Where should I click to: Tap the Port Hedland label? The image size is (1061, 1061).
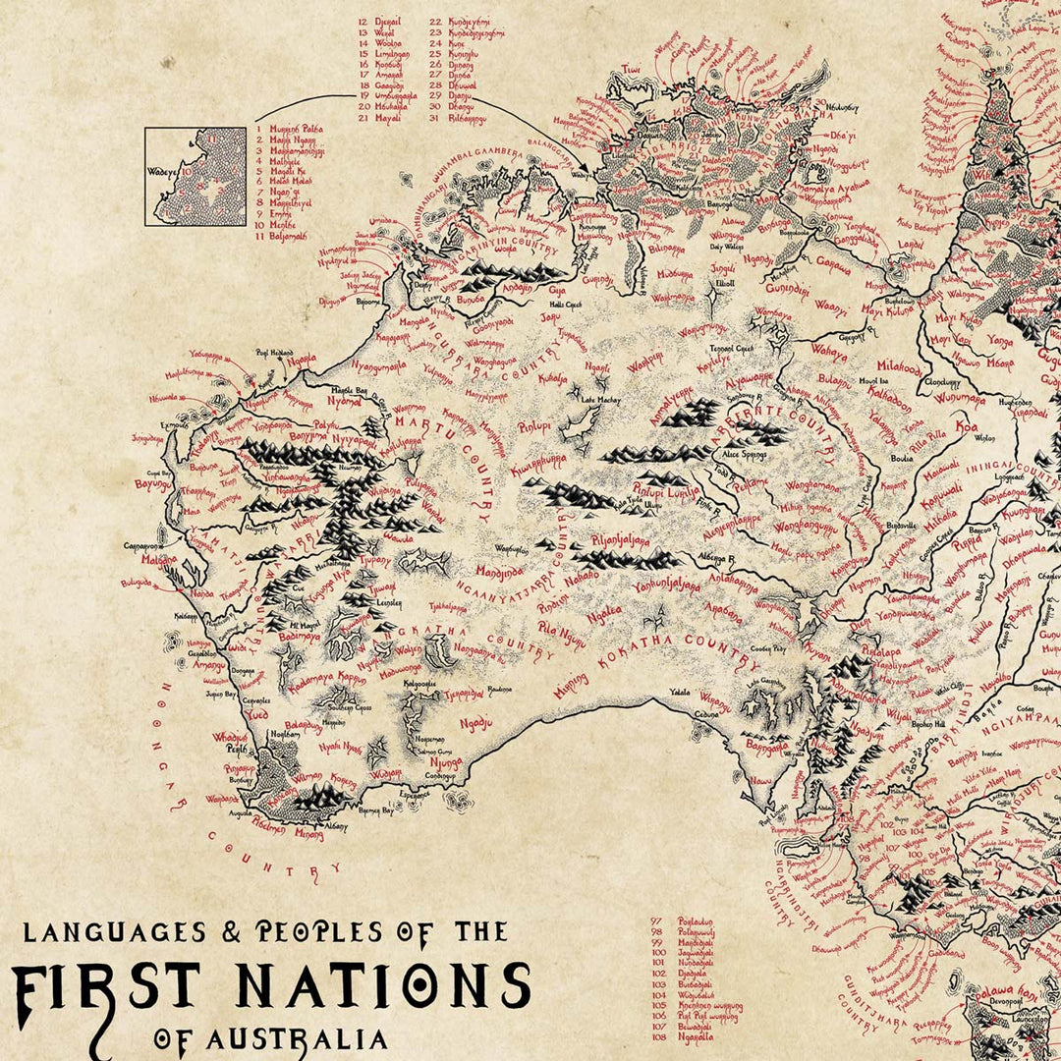tap(276, 351)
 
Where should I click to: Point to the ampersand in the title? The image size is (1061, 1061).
tap(236, 930)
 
